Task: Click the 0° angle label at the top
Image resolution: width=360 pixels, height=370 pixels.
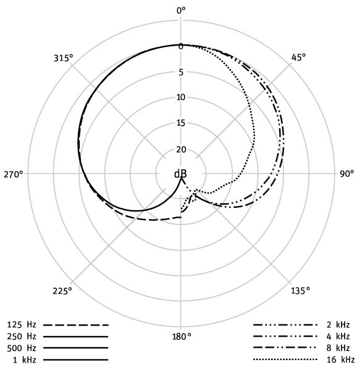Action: tap(181, 10)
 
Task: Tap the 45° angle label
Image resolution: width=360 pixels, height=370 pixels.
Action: tap(298, 57)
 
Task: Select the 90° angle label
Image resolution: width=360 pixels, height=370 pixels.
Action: tap(347, 174)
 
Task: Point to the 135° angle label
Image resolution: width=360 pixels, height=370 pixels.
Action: tap(300, 290)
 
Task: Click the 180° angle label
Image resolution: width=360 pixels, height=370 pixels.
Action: tap(182, 337)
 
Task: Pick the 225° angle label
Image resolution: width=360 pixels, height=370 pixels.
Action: tap(62, 291)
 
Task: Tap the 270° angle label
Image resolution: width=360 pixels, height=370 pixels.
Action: tap(14, 175)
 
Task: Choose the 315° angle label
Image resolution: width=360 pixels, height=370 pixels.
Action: tap(63, 58)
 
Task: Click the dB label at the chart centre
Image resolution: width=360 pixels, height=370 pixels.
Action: tap(180, 174)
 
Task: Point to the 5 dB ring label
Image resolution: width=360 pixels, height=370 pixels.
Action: tap(181, 72)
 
